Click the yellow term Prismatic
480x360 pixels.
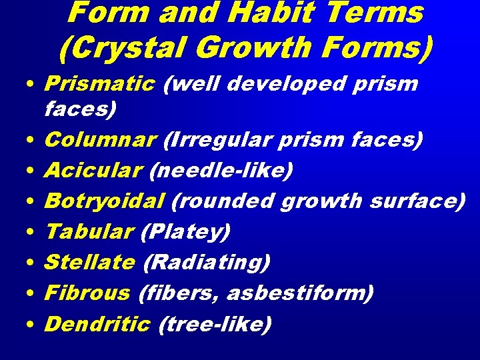click(x=99, y=85)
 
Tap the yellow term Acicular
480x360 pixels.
click(x=94, y=171)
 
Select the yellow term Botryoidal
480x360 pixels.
click(x=105, y=201)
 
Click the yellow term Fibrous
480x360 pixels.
click(x=87, y=293)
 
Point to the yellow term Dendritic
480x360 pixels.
click(x=97, y=324)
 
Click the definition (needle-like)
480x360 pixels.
click(x=221, y=171)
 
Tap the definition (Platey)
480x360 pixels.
click(x=185, y=232)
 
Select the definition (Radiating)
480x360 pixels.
click(x=207, y=263)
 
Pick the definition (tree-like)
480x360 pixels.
click(x=215, y=324)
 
